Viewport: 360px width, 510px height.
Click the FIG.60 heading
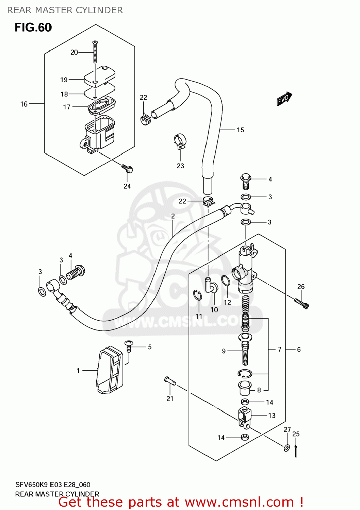[x=33, y=27]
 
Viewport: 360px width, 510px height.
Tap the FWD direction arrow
[x=284, y=99]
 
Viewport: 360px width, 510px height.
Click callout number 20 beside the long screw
[x=74, y=52]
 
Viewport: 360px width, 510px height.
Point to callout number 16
[x=24, y=104]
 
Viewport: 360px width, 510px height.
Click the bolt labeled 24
[x=127, y=168]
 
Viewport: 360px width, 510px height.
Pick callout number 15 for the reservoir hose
[x=240, y=130]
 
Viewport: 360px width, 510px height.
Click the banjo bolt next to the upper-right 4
[x=246, y=181]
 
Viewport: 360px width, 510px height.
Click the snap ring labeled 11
[x=198, y=295]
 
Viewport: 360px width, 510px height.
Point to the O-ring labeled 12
[x=226, y=281]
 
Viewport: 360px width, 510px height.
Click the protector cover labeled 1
[x=109, y=370]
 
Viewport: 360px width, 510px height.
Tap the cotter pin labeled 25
[x=296, y=451]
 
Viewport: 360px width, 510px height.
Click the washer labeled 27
[x=287, y=447]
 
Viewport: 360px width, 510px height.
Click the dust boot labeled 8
[x=245, y=388]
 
